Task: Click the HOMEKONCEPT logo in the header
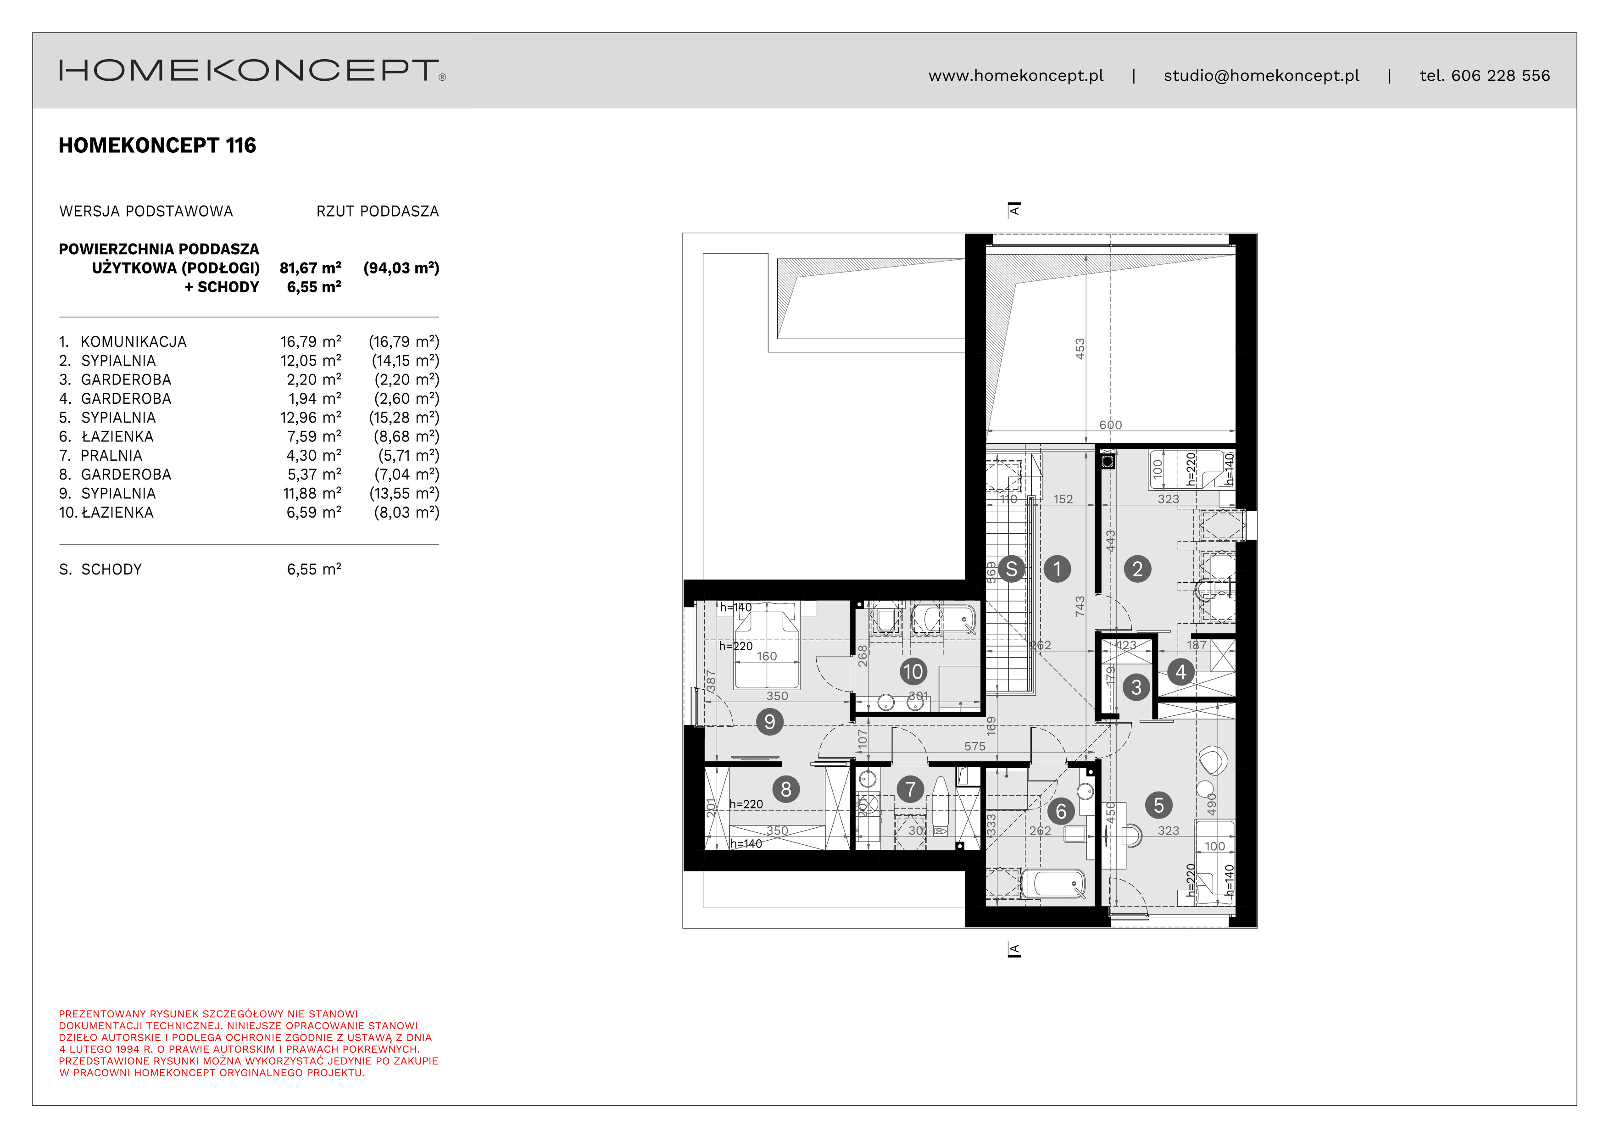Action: pos(251,71)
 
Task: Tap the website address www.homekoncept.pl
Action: pos(1015,76)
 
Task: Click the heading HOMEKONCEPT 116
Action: pos(157,146)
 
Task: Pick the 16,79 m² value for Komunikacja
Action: pos(311,342)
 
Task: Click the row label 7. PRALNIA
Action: pos(101,456)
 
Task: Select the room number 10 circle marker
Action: pos(913,672)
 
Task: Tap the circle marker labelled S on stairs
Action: pos(1011,569)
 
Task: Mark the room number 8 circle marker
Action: pos(785,790)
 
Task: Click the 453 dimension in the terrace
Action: pos(1080,348)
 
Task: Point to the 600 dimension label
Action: pos(1110,424)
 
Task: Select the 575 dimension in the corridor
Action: pos(974,746)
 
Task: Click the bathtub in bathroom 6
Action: pos(1053,884)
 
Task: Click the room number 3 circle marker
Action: pos(1136,687)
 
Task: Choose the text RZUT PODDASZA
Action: pos(377,212)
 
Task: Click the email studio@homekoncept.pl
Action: pos(1261,76)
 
